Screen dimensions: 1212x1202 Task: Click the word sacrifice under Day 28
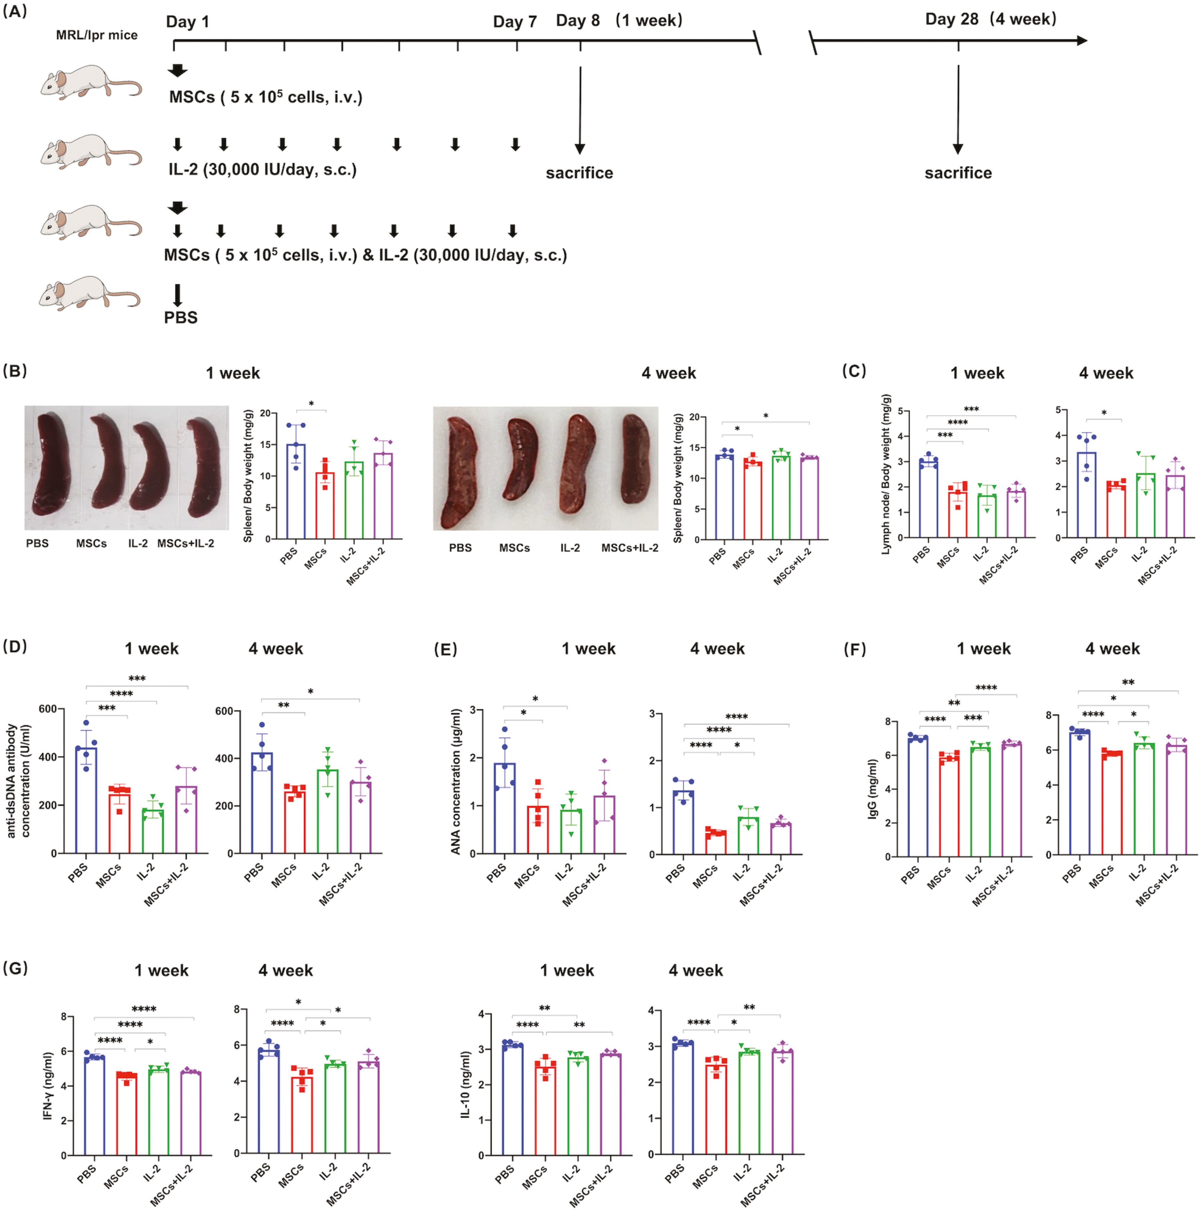click(x=957, y=173)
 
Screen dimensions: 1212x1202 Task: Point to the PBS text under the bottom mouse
click(x=181, y=318)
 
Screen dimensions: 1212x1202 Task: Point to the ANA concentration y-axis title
click(x=456, y=781)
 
